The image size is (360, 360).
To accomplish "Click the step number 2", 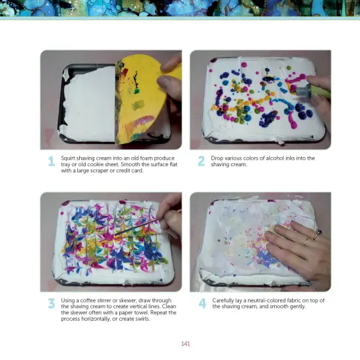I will pos(201,160).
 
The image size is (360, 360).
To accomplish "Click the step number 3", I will pos(50,304).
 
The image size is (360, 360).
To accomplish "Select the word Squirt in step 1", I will pos(69,158).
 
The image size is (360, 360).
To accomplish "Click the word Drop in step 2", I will pos(217,158).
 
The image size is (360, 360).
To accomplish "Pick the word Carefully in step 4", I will pos(225,300).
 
